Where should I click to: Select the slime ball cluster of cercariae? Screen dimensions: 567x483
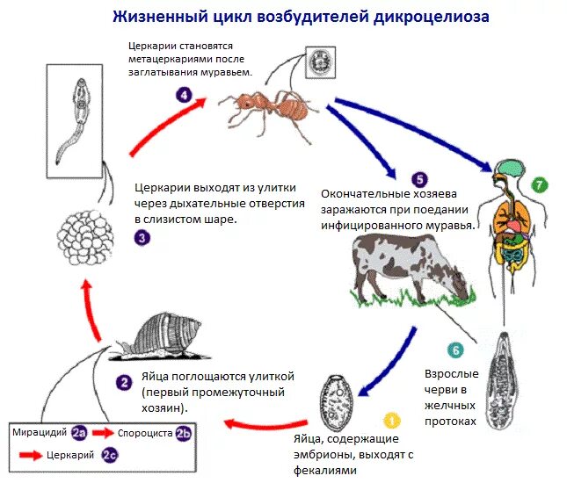tap(87, 237)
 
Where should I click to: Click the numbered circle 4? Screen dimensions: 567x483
tap(183, 95)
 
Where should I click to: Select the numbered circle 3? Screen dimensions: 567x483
tap(142, 236)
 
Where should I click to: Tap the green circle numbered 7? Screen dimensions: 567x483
tap(540, 184)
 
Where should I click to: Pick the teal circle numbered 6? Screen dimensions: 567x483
tap(454, 350)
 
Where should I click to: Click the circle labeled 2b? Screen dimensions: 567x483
tap(183, 433)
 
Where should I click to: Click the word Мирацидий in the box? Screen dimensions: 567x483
tap(41, 433)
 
